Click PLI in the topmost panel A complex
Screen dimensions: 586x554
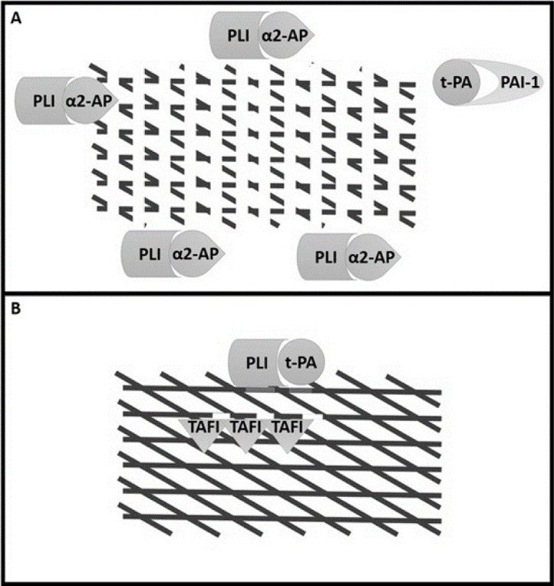click(232, 35)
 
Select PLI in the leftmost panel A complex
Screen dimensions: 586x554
click(36, 100)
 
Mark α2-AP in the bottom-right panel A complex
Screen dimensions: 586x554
click(372, 256)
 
